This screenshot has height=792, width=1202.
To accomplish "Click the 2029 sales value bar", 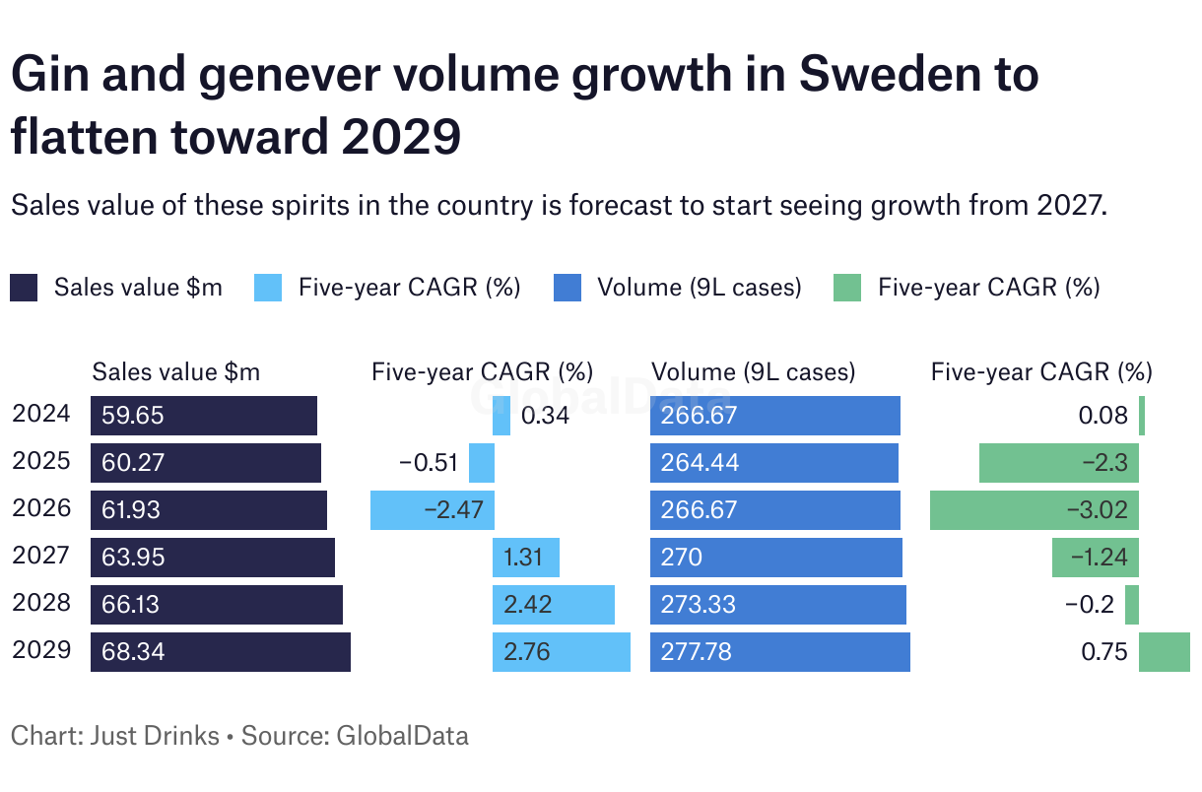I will (x=221, y=652).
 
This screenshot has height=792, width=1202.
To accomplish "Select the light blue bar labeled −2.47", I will (x=433, y=510).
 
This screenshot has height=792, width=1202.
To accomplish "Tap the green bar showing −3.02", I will (x=1035, y=510).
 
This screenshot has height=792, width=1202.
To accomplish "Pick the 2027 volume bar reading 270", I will (x=776, y=558).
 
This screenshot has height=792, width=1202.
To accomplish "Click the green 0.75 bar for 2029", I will (x=1165, y=652).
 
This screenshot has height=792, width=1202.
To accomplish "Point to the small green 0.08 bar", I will (x=1142, y=416).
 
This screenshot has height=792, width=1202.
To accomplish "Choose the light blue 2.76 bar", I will (x=562, y=652).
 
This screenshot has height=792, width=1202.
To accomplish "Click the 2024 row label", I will (x=41, y=414).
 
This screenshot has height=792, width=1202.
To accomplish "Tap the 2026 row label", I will (x=41, y=508).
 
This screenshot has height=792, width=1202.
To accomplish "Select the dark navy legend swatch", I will (x=24, y=288).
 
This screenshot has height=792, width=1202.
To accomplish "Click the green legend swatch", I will (x=847, y=288).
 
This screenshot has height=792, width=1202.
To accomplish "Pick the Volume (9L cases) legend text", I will (x=699, y=288).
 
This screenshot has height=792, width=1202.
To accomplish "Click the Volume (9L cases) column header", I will (x=754, y=372).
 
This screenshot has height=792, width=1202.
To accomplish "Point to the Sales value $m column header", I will (x=176, y=372).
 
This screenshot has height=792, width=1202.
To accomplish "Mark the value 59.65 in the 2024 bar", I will (x=133, y=416).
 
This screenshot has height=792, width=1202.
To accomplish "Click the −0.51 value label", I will (x=429, y=463).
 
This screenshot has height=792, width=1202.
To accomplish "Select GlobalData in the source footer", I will (x=403, y=735).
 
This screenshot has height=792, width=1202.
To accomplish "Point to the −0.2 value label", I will (x=1090, y=605).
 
